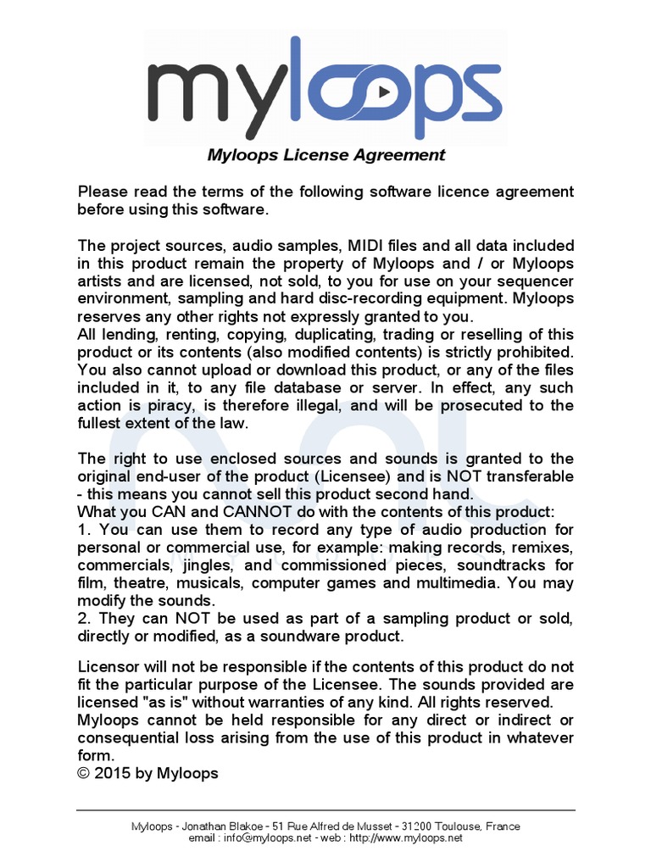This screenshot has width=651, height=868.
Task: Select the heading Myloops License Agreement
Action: [x=326, y=155]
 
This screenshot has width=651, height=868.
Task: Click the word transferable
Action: [x=525, y=476]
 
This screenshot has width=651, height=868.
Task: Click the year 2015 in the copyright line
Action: [x=114, y=773]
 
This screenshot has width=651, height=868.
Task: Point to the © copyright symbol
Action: [x=83, y=773]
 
